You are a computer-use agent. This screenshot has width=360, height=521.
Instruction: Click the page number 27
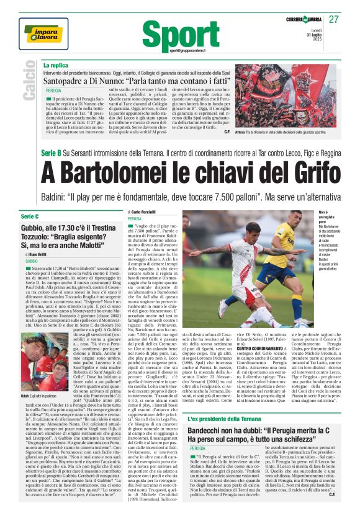(334, 19)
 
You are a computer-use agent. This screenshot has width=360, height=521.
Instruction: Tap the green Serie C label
(30, 216)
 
